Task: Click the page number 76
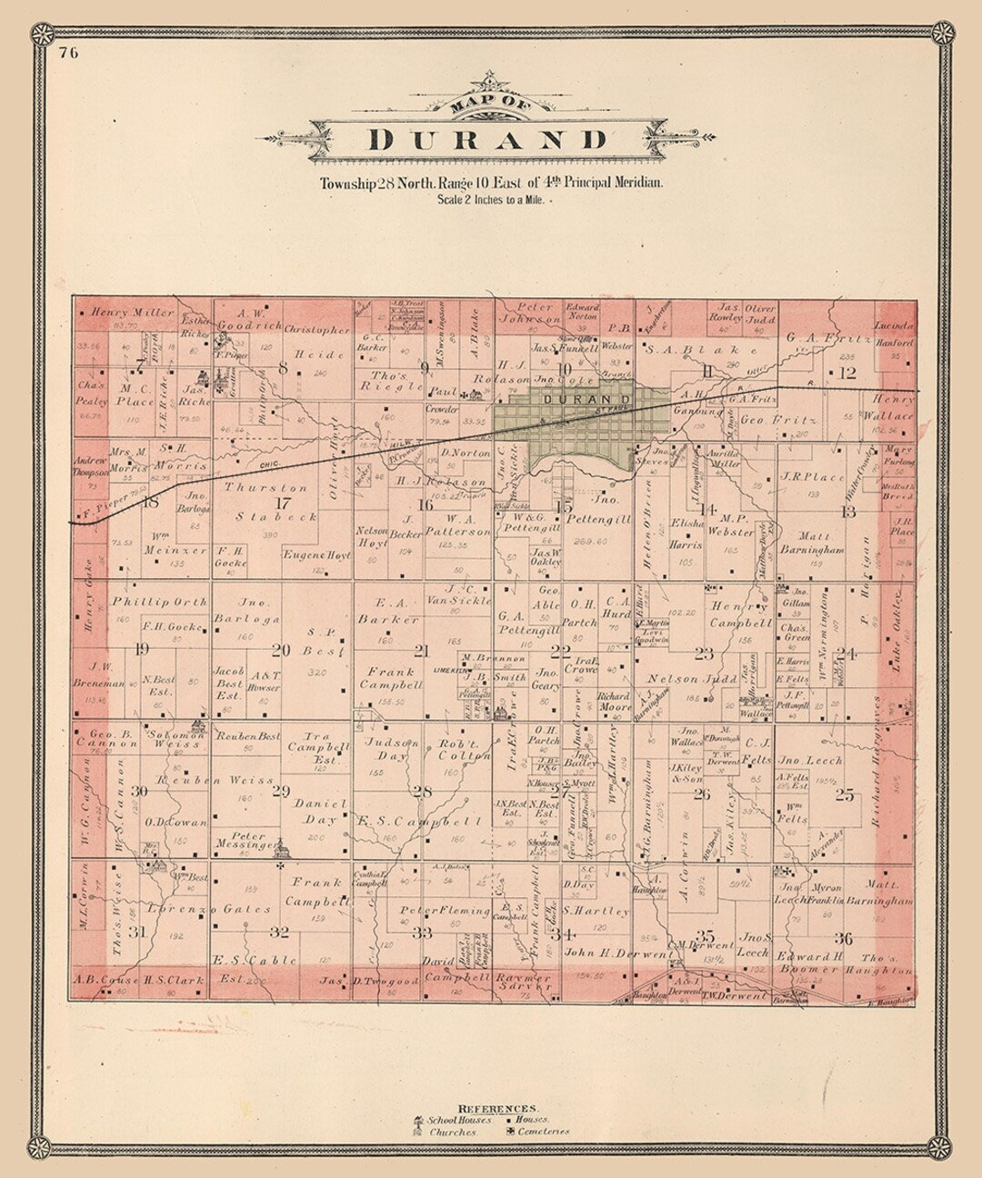(x=68, y=52)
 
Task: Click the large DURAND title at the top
(x=488, y=139)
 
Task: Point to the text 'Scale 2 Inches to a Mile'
(x=490, y=198)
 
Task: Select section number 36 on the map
(x=844, y=938)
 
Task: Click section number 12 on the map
(x=847, y=373)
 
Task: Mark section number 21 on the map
(x=421, y=650)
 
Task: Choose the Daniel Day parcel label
(x=320, y=811)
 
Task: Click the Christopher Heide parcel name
(x=316, y=342)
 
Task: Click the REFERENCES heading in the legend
(x=496, y=1108)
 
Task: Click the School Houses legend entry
(x=460, y=1120)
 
